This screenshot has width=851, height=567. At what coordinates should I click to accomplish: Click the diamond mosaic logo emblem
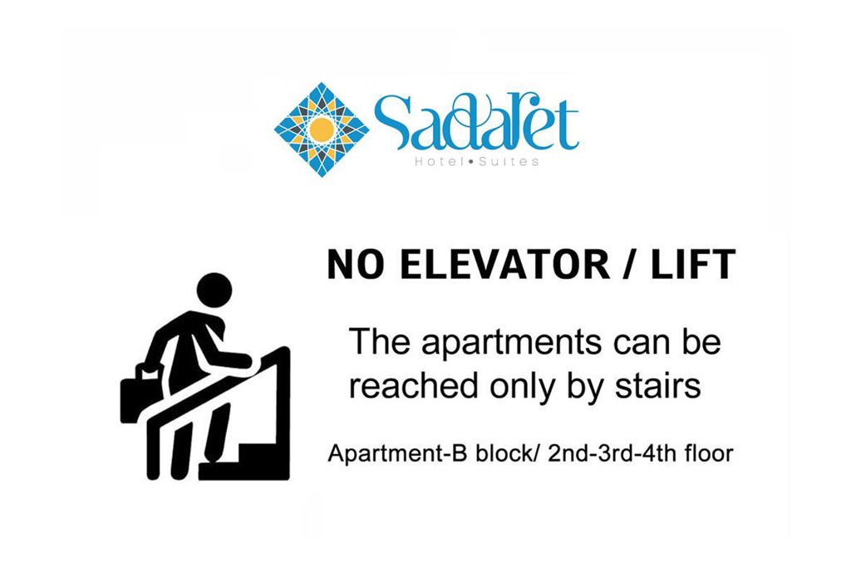(322, 130)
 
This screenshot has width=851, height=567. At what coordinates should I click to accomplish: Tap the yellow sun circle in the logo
(322, 130)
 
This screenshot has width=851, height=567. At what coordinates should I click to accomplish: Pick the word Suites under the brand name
(509, 162)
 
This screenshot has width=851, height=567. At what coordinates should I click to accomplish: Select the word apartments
(511, 344)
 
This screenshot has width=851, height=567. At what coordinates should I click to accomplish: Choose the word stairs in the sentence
(657, 387)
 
